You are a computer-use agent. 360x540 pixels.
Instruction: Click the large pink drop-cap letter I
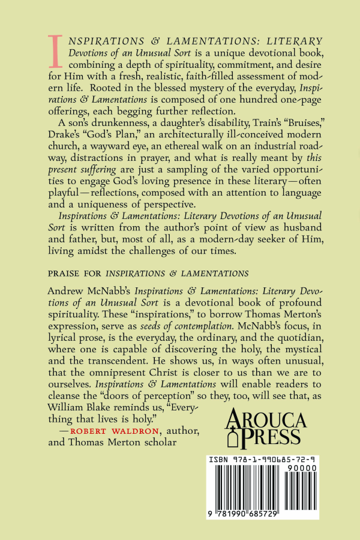tap(55, 51)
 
